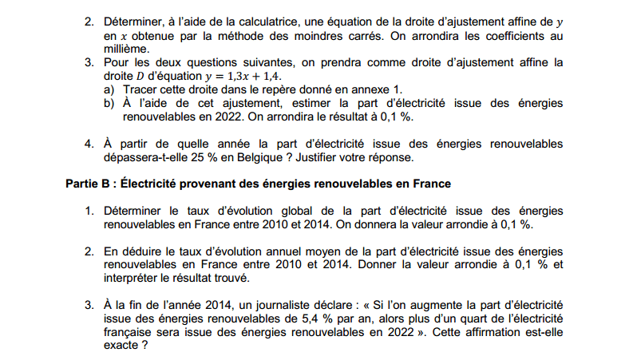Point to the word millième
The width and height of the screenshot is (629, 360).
click(x=125, y=49)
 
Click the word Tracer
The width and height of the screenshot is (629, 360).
click(x=141, y=89)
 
